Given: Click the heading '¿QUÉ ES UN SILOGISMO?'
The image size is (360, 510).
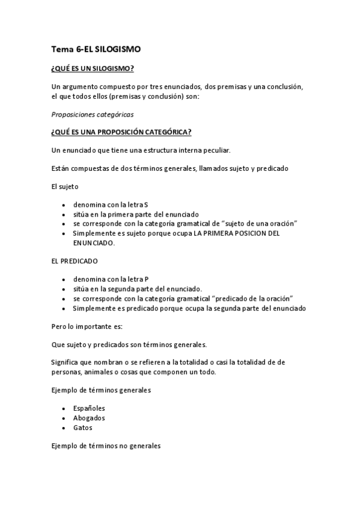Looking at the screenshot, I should click(93, 69).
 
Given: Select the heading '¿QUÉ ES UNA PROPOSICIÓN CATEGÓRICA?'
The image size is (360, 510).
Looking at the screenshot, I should click(122, 132).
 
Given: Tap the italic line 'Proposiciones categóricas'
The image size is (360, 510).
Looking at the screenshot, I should click(93, 114).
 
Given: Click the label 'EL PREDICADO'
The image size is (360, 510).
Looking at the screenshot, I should click(75, 262).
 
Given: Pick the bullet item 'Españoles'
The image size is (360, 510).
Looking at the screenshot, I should click(89, 408).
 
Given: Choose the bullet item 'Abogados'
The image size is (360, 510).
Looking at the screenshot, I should click(89, 417).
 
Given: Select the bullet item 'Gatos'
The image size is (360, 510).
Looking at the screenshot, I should click(83, 428).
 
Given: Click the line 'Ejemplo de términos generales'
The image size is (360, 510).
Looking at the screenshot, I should click(101, 390).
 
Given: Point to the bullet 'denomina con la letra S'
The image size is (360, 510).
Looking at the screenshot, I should click(111, 204).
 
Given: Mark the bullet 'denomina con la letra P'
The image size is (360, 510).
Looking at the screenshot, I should click(111, 279).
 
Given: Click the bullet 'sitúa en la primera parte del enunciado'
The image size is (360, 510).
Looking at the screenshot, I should click(136, 214).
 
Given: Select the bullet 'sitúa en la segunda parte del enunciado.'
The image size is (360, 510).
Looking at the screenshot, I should click(138, 289).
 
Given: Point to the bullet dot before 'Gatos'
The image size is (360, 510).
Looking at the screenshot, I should click(64, 428).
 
